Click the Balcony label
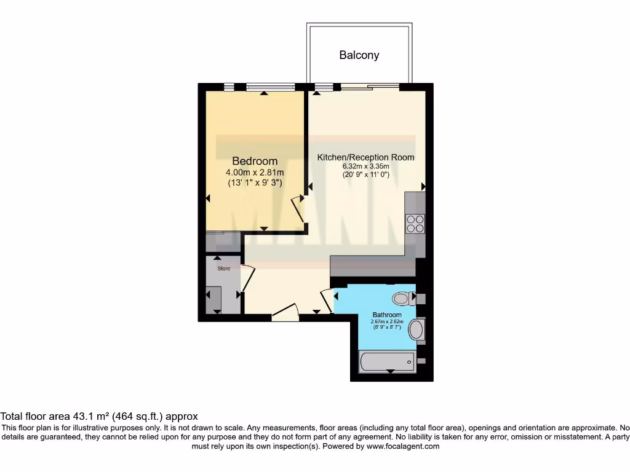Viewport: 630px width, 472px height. point(359,55)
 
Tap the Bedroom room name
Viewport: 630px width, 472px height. point(255,161)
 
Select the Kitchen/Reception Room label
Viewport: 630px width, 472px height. point(365,157)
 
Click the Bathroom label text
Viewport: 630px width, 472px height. point(386,315)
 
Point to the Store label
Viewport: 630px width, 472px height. point(223,269)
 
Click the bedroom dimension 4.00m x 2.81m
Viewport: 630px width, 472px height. point(255,173)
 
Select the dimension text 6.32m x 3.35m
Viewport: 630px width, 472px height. point(365,166)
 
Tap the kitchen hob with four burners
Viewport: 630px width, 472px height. point(415,223)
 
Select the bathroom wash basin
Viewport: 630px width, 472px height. point(417,330)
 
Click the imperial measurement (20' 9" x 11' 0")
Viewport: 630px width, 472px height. point(365,175)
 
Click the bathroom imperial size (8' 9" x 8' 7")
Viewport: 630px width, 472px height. point(386,328)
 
